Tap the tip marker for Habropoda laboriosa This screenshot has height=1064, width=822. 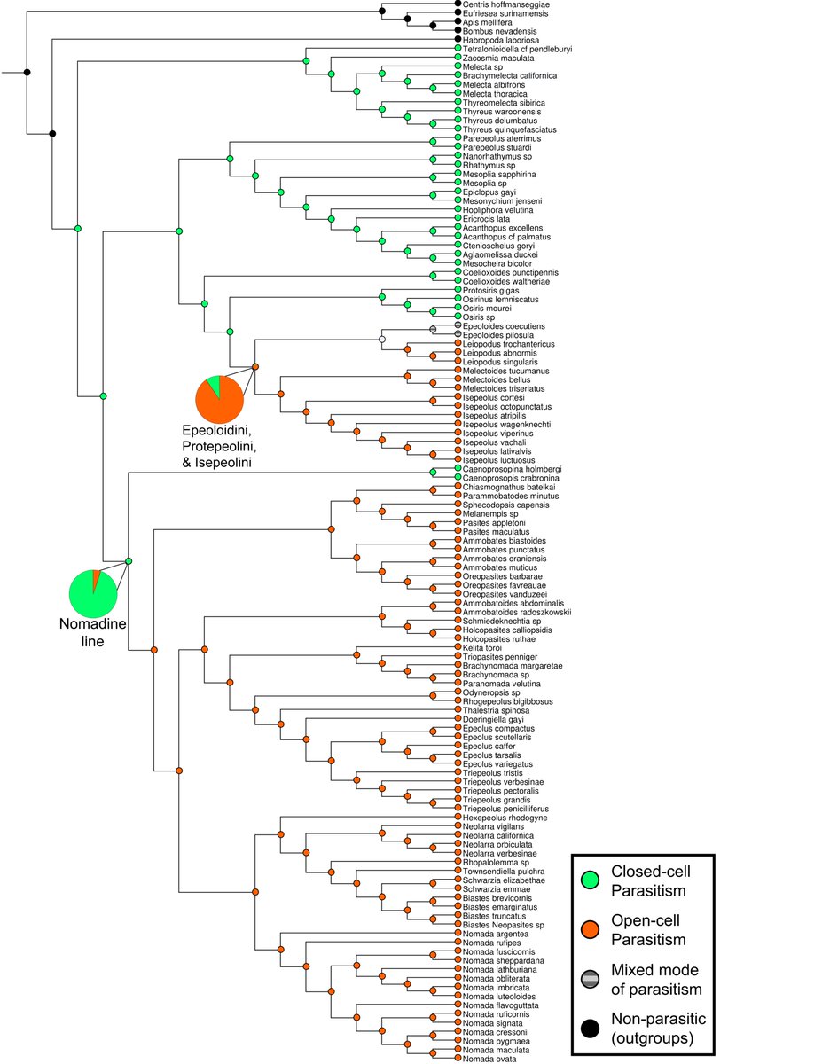pos(458,40)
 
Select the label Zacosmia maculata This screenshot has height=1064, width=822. pos(497,58)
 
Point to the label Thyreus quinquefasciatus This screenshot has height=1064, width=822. pos(510,129)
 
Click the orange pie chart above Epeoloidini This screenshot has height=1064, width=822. pos(219,398)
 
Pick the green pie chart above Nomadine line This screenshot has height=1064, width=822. pos(94,592)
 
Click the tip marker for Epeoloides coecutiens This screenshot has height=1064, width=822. pos(458,325)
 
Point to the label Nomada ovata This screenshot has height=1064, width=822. pos(491,1058)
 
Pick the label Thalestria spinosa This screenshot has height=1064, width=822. pos(497,710)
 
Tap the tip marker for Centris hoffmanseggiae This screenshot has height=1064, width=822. pos(458,4)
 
